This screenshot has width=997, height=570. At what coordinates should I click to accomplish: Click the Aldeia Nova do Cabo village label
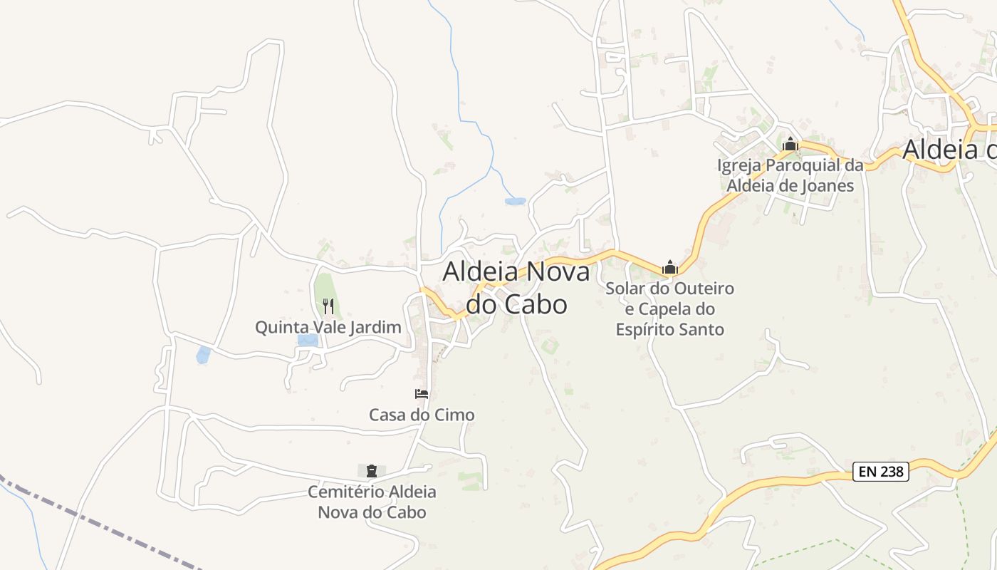[x=516, y=288]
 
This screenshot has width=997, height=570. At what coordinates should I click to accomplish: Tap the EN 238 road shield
[x=881, y=471]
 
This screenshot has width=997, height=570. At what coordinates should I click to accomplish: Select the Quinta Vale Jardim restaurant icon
[x=328, y=306]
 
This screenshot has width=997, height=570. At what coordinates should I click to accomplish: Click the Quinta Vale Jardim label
[x=328, y=327]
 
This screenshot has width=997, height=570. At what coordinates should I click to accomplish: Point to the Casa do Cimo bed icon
[x=422, y=394]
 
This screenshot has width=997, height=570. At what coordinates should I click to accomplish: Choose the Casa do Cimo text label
[x=422, y=415]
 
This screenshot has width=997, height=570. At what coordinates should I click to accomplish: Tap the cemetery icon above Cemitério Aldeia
[x=371, y=471]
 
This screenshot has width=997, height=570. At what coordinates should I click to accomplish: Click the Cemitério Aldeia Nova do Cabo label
[x=372, y=502]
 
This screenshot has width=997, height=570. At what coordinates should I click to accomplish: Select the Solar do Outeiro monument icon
[x=669, y=268]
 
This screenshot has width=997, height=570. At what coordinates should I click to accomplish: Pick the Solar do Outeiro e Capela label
[x=669, y=299]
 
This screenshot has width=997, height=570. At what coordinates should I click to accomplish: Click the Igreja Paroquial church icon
[x=790, y=145]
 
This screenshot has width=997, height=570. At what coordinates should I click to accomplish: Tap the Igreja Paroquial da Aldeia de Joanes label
[x=790, y=175]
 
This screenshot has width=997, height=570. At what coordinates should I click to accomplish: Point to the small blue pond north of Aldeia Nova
[x=515, y=202]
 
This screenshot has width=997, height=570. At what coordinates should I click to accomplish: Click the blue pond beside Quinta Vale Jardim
[x=308, y=340]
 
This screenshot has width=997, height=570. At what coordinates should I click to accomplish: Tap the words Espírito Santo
[x=669, y=329]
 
